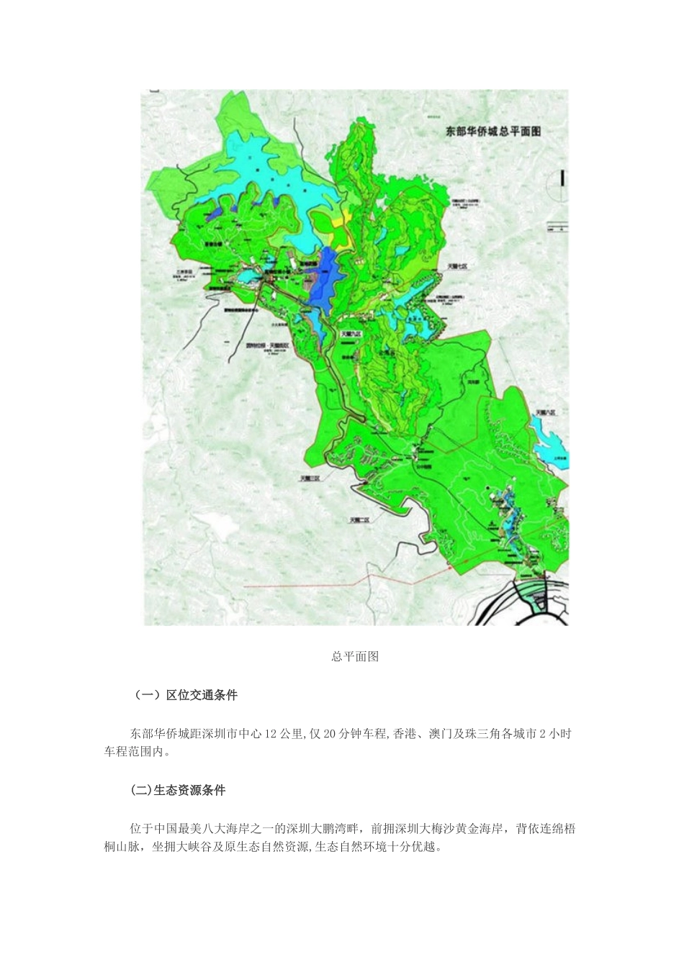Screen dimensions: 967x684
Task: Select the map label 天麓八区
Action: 546,412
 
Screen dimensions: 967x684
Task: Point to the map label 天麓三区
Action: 315,477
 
